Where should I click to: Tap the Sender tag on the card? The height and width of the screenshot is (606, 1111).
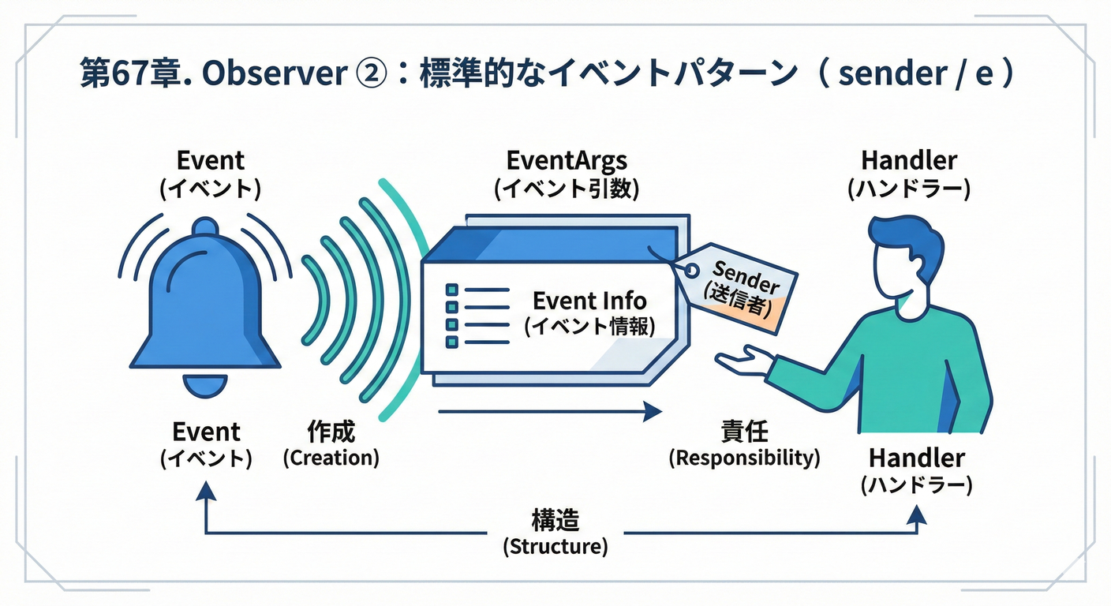pos(738,286)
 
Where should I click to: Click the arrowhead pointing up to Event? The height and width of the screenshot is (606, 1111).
pos(206,493)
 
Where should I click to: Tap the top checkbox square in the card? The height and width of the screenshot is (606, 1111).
pos(452,290)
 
